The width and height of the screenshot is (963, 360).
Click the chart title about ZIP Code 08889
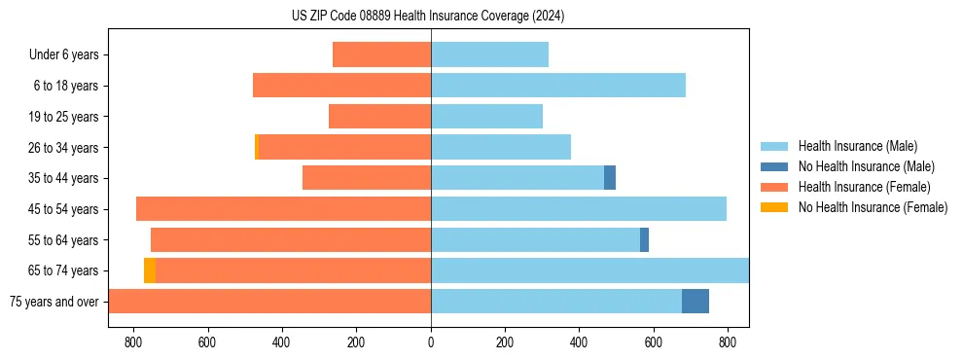click(428, 17)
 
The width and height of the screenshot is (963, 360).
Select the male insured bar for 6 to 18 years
click(557, 86)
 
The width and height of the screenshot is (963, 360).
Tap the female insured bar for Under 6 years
click(381, 54)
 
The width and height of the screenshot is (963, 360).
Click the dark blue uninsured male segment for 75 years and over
click(695, 302)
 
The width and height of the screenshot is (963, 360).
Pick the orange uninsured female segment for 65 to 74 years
click(150, 270)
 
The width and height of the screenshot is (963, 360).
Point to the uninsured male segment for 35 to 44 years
click(610, 178)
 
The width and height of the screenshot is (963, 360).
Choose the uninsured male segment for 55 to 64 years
click(644, 240)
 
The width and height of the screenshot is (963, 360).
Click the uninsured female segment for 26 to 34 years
click(257, 147)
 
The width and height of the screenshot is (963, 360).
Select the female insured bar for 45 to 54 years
click(283, 209)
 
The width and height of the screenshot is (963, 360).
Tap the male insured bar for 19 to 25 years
click(486, 117)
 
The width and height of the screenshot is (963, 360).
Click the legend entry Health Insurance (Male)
click(857, 146)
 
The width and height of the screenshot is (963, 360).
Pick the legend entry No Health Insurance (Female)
click(873, 207)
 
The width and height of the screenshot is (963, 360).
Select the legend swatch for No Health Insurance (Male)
click(774, 166)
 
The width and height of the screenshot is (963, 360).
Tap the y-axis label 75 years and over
click(54, 302)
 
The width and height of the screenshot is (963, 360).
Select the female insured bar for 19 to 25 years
click(379, 117)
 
